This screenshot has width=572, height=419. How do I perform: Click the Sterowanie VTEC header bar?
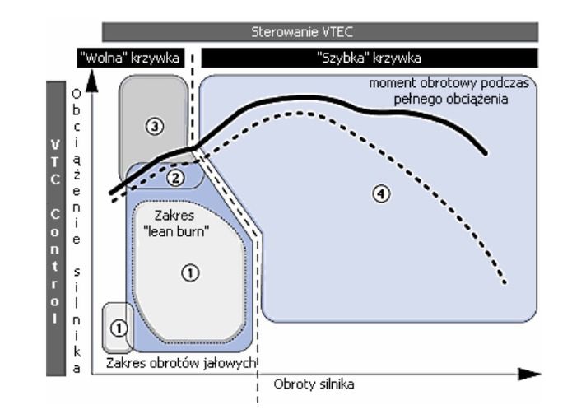click(320, 32)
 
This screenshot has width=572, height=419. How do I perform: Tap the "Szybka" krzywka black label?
click(370, 58)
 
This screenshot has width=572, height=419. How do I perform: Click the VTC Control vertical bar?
click(56, 229)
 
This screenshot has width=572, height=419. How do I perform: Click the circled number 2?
click(174, 175)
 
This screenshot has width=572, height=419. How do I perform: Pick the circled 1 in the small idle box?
click(119, 328)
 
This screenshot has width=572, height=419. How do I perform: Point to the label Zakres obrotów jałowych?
click(182, 362)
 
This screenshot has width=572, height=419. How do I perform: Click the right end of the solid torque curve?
click(486, 153)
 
